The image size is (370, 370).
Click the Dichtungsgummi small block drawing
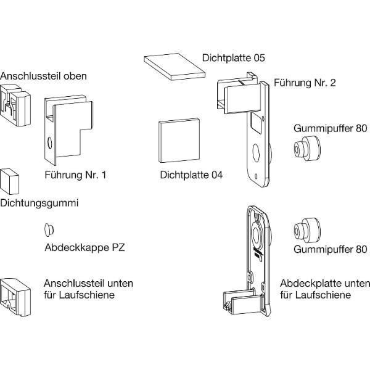10,181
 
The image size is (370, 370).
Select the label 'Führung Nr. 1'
76,175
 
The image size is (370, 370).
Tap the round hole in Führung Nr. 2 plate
256,151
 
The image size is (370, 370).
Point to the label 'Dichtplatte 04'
191,175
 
